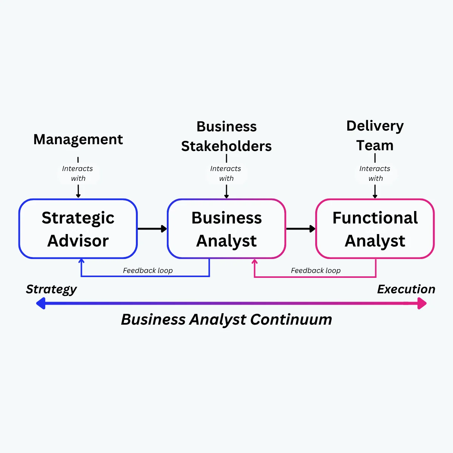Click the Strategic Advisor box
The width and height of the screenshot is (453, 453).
pos(78,229)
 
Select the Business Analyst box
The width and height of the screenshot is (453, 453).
pos(226,229)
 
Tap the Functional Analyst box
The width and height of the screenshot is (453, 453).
pos(375,229)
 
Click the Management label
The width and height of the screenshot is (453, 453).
pos(78,139)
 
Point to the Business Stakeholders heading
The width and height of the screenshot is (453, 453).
pos(226,136)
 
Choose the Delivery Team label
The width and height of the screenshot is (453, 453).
pos(375,136)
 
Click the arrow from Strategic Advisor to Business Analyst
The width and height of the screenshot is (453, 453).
pos(153,229)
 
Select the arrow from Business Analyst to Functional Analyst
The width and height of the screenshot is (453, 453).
pos(301,229)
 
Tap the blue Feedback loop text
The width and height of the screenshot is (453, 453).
pos(148,270)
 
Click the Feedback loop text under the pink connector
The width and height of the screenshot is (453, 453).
pos(316,270)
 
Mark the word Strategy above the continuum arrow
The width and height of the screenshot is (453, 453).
pos(51,290)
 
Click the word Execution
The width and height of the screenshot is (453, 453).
pos(406,289)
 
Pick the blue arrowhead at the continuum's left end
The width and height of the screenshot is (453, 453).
pos(40,303)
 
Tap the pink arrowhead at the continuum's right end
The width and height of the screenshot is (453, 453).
pos(422,303)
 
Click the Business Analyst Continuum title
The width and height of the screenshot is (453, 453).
pos(226,320)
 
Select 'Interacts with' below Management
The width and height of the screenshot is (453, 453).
pos(78,174)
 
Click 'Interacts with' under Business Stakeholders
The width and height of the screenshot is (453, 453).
pos(226,174)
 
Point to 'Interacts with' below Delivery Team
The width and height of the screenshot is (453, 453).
pos(375,174)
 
